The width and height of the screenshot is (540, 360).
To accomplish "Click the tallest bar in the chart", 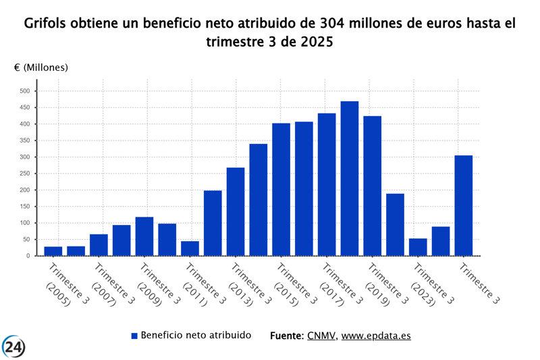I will coord(349,178).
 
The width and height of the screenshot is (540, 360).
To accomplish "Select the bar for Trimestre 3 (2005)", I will coord(53,251).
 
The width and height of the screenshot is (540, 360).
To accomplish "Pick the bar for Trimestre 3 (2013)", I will coord(236,211).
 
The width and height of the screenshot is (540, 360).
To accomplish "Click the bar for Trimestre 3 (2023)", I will coord(418,247).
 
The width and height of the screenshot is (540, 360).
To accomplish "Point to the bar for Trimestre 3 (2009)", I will coord(144,236).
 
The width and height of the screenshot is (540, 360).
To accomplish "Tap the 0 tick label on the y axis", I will coord(28,256).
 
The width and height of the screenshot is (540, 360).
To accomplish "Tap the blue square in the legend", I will coord(134,336).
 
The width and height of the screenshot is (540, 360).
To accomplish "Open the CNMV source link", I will coord(321,336).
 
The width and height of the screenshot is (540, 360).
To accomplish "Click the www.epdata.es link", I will coord(376,336).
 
